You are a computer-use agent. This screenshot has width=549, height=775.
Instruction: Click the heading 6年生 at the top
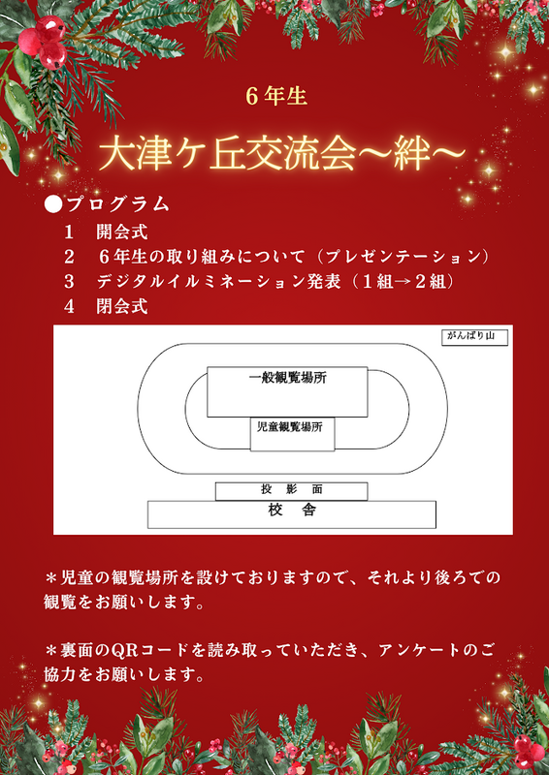(x=277, y=97)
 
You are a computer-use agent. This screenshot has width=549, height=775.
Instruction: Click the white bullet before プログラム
(x=52, y=204)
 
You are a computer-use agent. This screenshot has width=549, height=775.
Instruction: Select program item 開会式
(x=122, y=232)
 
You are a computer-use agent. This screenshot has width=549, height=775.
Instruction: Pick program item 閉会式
(x=122, y=306)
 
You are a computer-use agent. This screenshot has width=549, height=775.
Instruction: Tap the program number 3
(x=69, y=282)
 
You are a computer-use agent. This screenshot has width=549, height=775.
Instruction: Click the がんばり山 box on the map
(x=474, y=337)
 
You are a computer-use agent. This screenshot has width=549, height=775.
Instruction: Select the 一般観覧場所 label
(x=288, y=379)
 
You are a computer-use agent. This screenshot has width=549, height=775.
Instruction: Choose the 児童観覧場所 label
(x=290, y=427)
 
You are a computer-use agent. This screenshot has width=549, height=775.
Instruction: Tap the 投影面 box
(x=292, y=491)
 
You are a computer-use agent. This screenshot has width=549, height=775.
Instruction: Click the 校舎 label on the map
(x=292, y=510)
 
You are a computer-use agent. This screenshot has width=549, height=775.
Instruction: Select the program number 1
(x=69, y=232)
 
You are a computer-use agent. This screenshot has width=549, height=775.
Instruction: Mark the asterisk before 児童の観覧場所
(x=51, y=577)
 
